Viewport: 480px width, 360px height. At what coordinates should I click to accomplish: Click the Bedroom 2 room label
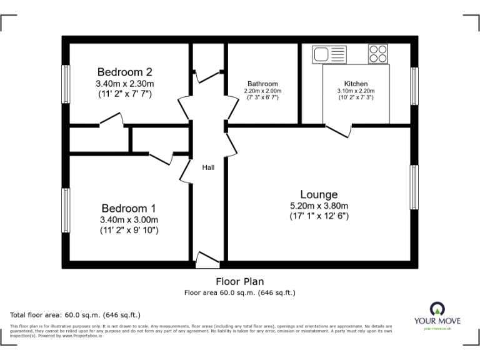pos(125,72)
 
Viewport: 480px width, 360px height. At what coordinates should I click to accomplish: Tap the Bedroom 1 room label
pos(129,208)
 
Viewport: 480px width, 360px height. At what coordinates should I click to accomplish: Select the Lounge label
pos(319,194)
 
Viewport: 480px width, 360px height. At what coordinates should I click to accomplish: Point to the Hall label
pos(208,167)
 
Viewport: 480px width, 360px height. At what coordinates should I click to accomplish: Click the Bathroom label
pos(262,84)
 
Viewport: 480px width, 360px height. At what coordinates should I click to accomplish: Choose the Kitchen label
pos(356,84)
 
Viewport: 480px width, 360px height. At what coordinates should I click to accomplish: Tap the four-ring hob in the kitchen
pos(377,54)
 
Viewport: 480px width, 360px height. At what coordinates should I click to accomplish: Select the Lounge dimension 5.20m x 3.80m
pos(319,206)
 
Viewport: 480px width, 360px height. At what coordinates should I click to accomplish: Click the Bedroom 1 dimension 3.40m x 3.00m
pos(129,219)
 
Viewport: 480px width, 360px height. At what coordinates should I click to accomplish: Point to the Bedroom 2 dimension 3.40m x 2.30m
pos(125,83)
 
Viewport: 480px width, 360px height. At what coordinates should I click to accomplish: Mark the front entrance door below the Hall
pos(207,259)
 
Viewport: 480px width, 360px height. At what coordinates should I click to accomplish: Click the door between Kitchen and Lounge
pos(338,130)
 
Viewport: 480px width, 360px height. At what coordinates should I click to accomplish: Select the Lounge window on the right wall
pos(414,187)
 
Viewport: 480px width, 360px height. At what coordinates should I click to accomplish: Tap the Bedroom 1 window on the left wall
pos(65,210)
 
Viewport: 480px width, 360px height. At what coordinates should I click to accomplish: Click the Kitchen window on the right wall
pos(414,86)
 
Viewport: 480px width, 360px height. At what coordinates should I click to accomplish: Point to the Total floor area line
pos(76,314)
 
